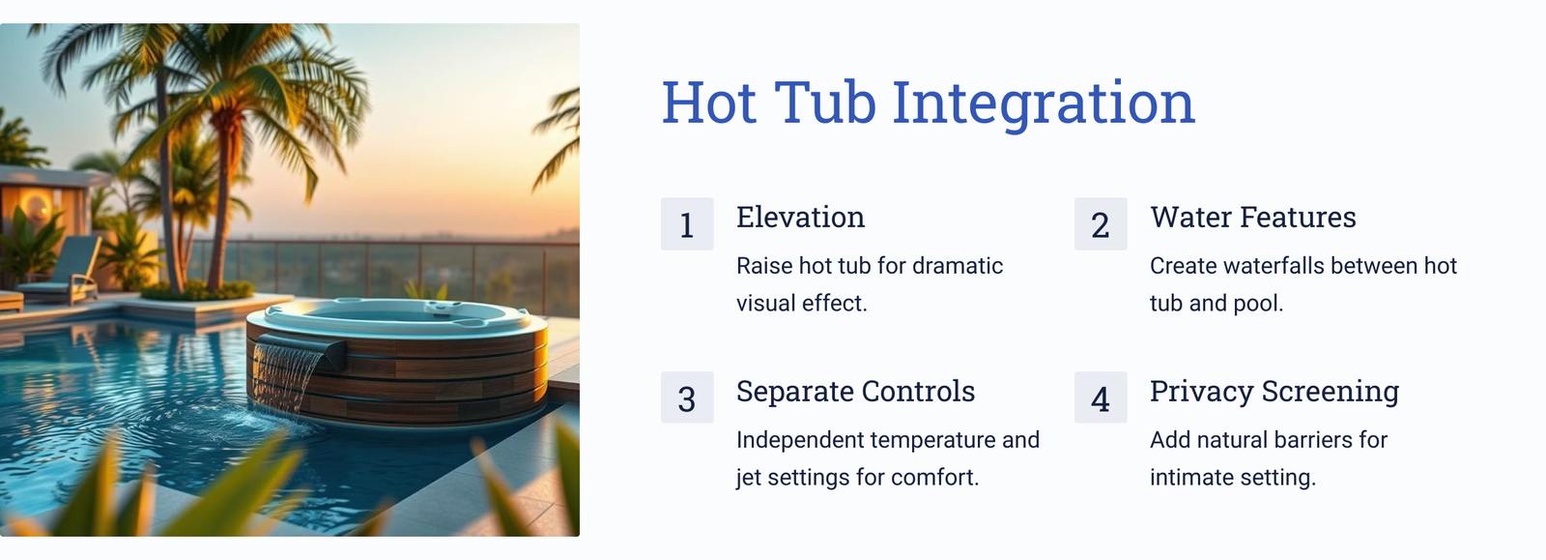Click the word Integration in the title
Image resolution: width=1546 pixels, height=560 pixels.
[1044, 103]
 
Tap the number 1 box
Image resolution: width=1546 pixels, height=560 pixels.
[687, 223]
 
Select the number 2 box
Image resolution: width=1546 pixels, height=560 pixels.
[1101, 223]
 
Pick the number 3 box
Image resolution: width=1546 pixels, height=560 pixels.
[687, 398]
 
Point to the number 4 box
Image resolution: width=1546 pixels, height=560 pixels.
[1101, 398]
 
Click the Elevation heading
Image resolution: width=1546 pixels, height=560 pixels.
[800, 217]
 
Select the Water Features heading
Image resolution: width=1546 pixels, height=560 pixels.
[1252, 217]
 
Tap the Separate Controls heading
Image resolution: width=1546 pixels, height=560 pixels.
[855, 392]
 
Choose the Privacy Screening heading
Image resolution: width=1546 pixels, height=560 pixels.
[1274, 392]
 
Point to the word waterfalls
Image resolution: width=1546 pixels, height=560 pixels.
[1270, 266]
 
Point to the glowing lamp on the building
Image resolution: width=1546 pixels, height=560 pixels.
[35, 205]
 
